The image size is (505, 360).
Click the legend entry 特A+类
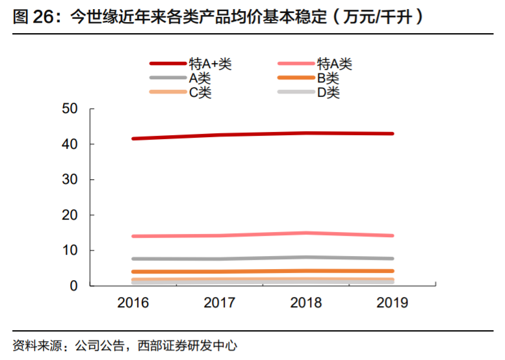[210, 64]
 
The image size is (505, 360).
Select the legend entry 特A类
[334, 64]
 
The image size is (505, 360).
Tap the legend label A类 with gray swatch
[200, 78]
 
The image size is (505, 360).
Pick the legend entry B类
[328, 78]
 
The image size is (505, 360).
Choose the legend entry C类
[200, 92]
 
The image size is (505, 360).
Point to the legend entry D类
[328, 92]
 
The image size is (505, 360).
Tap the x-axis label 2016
[133, 303]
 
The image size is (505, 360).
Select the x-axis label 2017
[219, 303]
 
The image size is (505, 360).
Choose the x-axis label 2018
[305, 303]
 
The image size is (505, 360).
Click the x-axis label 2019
[392, 303]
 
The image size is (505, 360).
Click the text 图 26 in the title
[32, 17]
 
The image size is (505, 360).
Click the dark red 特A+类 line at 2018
[305, 133]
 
